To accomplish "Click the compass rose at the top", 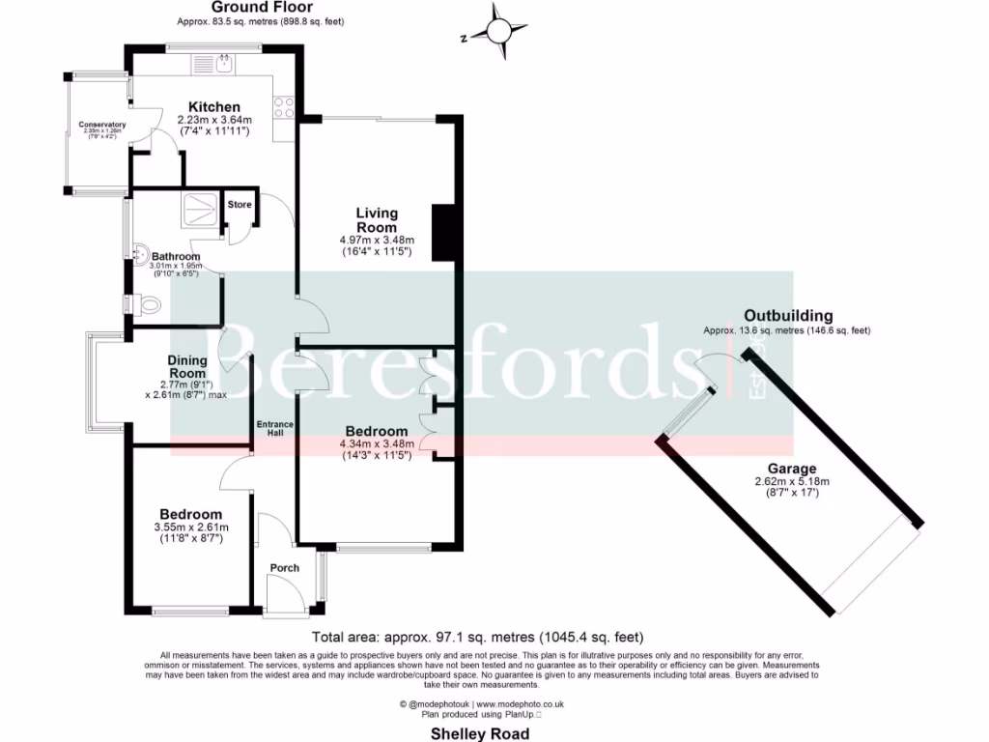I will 498,32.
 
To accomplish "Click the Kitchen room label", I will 213,106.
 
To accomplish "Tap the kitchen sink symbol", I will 223,66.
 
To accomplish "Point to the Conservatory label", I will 102,125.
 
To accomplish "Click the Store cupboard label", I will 240,205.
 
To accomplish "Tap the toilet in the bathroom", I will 147,304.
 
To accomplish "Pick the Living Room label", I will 376,220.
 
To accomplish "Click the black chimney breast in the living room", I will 443,233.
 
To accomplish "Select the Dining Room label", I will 187,367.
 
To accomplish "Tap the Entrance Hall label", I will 274,430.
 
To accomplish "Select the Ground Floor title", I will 260,7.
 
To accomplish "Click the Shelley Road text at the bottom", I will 479,734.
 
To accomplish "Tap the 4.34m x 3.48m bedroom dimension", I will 376,444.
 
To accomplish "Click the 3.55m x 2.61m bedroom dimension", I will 190,528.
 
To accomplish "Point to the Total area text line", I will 477,638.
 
